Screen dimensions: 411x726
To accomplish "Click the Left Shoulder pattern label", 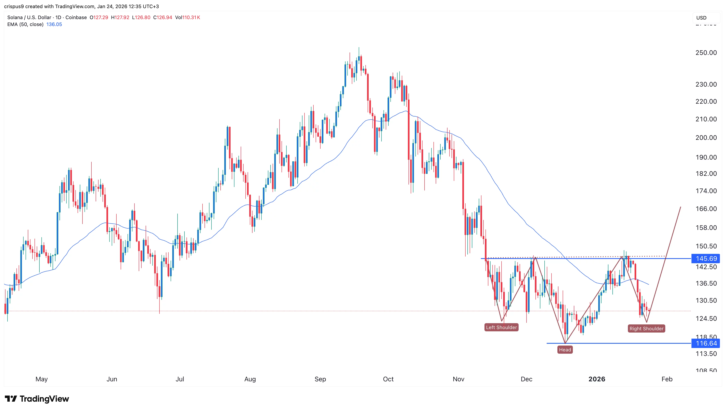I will click(501, 327).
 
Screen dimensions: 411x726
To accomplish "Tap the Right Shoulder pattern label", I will click(646, 328).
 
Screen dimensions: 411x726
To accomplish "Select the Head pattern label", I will click(565, 350).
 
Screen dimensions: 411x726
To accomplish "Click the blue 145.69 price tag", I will click(706, 259).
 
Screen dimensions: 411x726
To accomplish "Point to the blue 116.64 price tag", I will click(706, 343).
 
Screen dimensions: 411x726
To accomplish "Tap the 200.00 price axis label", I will click(706, 138).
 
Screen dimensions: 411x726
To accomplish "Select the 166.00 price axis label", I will click(706, 209).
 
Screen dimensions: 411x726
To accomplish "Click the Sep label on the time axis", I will click(320, 379).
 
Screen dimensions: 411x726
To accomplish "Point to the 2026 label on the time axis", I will click(597, 379).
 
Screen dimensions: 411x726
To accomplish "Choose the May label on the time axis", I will click(41, 379).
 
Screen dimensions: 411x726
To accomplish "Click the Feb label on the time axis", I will click(667, 379).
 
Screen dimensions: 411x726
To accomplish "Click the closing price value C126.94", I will click(163, 17).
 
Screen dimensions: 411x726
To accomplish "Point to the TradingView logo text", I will click(44, 399).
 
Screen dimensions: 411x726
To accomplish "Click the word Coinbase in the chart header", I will click(76, 17).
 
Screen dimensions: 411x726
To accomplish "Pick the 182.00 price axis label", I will click(706, 174).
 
